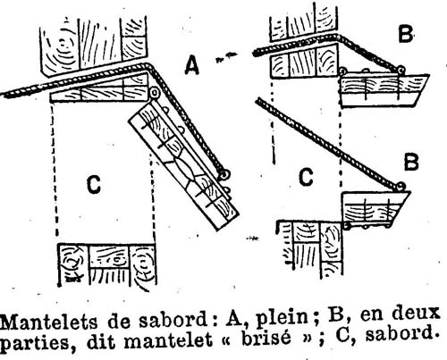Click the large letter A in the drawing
(191, 65)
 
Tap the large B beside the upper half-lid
(406, 34)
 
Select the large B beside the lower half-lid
(411, 162)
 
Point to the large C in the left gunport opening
(94, 184)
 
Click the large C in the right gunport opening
(306, 177)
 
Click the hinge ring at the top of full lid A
(155, 93)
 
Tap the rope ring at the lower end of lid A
(225, 174)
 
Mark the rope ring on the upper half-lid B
(401, 71)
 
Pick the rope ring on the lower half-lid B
(401, 187)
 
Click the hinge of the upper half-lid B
(343, 71)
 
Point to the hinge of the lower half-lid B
(346, 226)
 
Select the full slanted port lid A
(183, 165)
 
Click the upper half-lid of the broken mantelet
(384, 89)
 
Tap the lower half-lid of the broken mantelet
(376, 207)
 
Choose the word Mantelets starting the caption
(49, 322)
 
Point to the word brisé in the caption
(266, 339)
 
